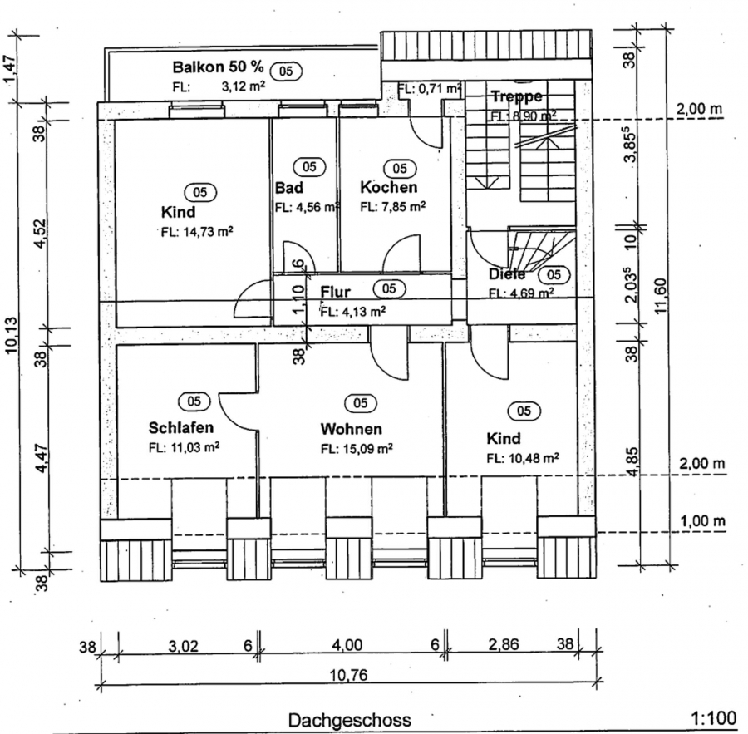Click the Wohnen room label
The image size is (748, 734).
(352, 429)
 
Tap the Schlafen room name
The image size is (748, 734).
(181, 428)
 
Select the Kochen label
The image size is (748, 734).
(388, 188)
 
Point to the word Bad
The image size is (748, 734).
(289, 188)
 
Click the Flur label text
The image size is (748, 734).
(335, 292)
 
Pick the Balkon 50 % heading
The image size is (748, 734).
(218, 67)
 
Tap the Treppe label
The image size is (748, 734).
(516, 96)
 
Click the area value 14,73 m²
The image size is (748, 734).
(196, 232)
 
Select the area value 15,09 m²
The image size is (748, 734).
(357, 449)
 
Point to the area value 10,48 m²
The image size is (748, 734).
(523, 457)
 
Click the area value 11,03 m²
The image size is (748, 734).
(184, 447)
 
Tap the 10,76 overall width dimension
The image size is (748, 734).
(347, 675)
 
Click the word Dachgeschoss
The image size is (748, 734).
(349, 720)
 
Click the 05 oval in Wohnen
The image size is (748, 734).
(361, 403)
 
